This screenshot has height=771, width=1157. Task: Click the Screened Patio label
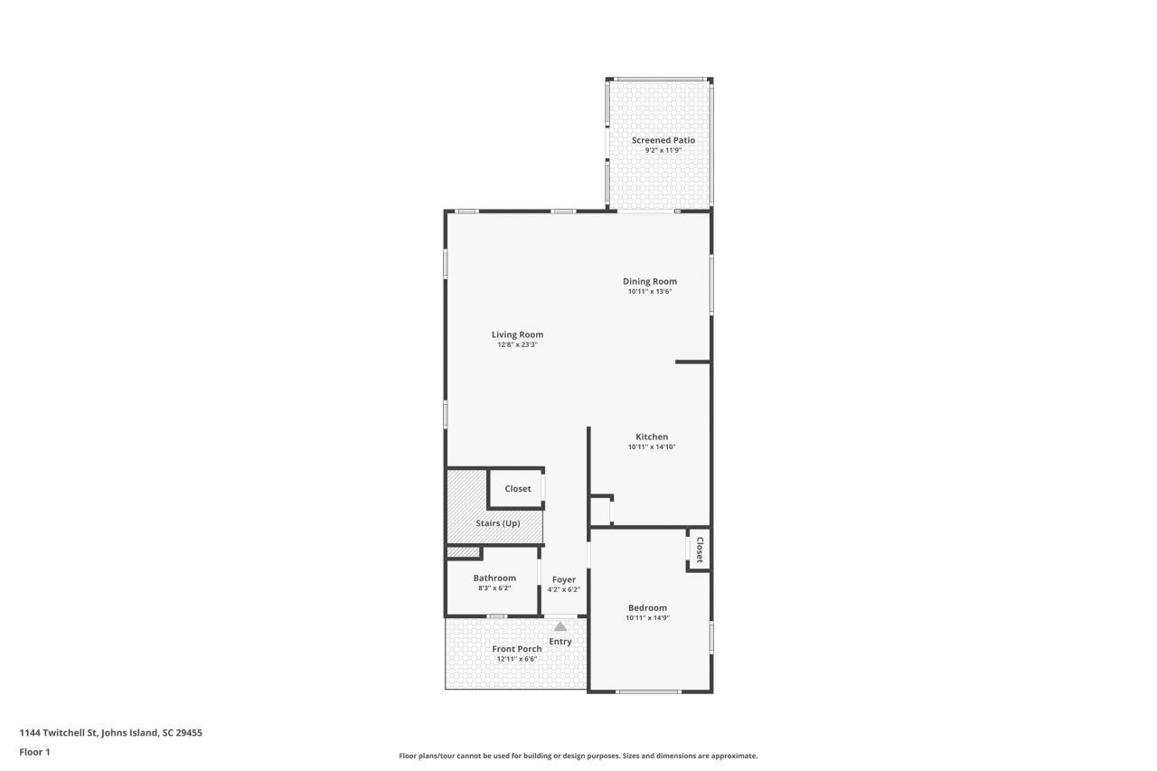tap(663, 140)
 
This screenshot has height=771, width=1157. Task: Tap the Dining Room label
tap(650, 281)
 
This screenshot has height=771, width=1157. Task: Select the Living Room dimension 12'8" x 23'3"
tap(517, 344)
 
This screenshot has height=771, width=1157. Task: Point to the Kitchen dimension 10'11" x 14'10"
tap(652, 447)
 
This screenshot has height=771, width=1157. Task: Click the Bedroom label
tap(647, 607)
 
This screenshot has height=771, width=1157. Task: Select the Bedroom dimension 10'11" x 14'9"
tap(647, 618)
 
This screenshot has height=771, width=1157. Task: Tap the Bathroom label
tap(494, 578)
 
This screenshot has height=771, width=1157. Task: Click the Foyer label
tap(564, 579)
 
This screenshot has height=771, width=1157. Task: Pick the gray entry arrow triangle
tap(560, 625)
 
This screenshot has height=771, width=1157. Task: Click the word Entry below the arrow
tap(560, 642)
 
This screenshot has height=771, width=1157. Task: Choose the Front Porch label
tap(517, 648)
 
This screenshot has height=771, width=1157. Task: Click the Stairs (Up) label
tap(498, 522)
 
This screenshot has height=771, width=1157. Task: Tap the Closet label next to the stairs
tap(518, 488)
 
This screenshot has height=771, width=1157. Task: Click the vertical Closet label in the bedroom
tap(700, 550)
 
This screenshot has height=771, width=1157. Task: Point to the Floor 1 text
tap(35, 751)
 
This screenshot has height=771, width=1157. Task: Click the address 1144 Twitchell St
tap(110, 733)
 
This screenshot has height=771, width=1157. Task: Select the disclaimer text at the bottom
tap(578, 756)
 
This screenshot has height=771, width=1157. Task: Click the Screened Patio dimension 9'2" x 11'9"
tap(663, 151)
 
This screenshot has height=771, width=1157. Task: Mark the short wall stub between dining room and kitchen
tap(692, 362)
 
